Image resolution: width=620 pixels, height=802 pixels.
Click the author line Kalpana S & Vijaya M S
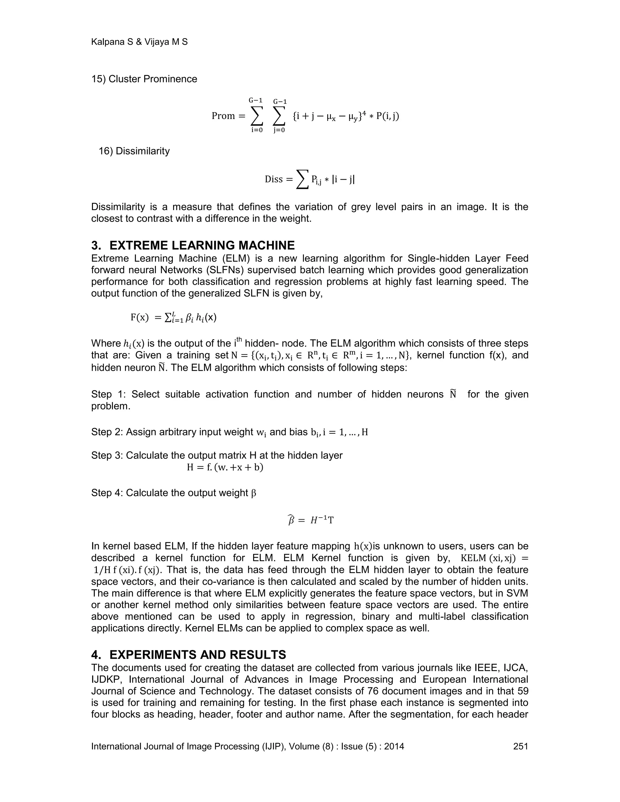[x=139, y=42]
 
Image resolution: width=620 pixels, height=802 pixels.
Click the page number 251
[x=520, y=746]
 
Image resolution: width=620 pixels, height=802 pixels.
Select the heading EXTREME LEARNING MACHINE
[x=202, y=245]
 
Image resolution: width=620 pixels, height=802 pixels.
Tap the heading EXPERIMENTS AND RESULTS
[x=198, y=655]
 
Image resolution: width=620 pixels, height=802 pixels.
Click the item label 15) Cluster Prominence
[x=144, y=79]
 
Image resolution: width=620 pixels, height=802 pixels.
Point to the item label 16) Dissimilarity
[x=134, y=151]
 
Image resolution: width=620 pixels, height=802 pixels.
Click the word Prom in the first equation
[x=223, y=116]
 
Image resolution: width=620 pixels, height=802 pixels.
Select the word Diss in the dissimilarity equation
[x=274, y=179]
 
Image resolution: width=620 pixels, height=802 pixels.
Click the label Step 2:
[x=107, y=432]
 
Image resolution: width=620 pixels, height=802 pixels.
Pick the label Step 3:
[x=107, y=455]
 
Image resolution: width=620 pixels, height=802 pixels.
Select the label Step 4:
[x=107, y=493]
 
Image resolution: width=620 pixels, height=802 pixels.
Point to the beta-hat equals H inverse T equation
[x=310, y=520]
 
